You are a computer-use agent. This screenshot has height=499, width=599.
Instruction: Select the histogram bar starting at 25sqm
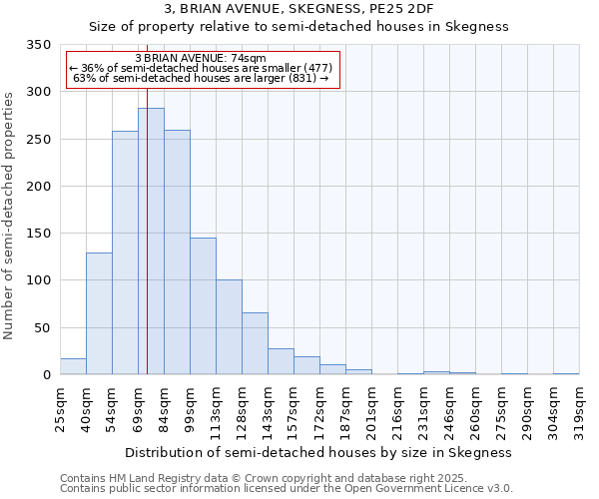click(x=73, y=366)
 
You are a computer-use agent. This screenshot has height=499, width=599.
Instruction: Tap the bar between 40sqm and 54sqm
click(x=99, y=313)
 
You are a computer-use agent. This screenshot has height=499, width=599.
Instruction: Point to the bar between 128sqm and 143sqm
click(x=255, y=343)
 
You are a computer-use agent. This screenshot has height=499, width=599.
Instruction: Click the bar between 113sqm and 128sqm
click(x=229, y=327)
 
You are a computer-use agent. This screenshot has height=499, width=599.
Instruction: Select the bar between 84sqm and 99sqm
click(x=177, y=252)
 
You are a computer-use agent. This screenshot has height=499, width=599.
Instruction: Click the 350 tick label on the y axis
click(x=38, y=45)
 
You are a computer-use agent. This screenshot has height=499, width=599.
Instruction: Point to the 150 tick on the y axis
click(x=38, y=234)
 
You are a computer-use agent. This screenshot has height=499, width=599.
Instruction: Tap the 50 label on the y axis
click(x=42, y=327)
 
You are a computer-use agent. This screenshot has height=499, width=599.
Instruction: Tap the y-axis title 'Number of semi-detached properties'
click(x=10, y=216)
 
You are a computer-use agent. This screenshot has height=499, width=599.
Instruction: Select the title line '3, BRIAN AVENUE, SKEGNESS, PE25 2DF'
click(x=299, y=10)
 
